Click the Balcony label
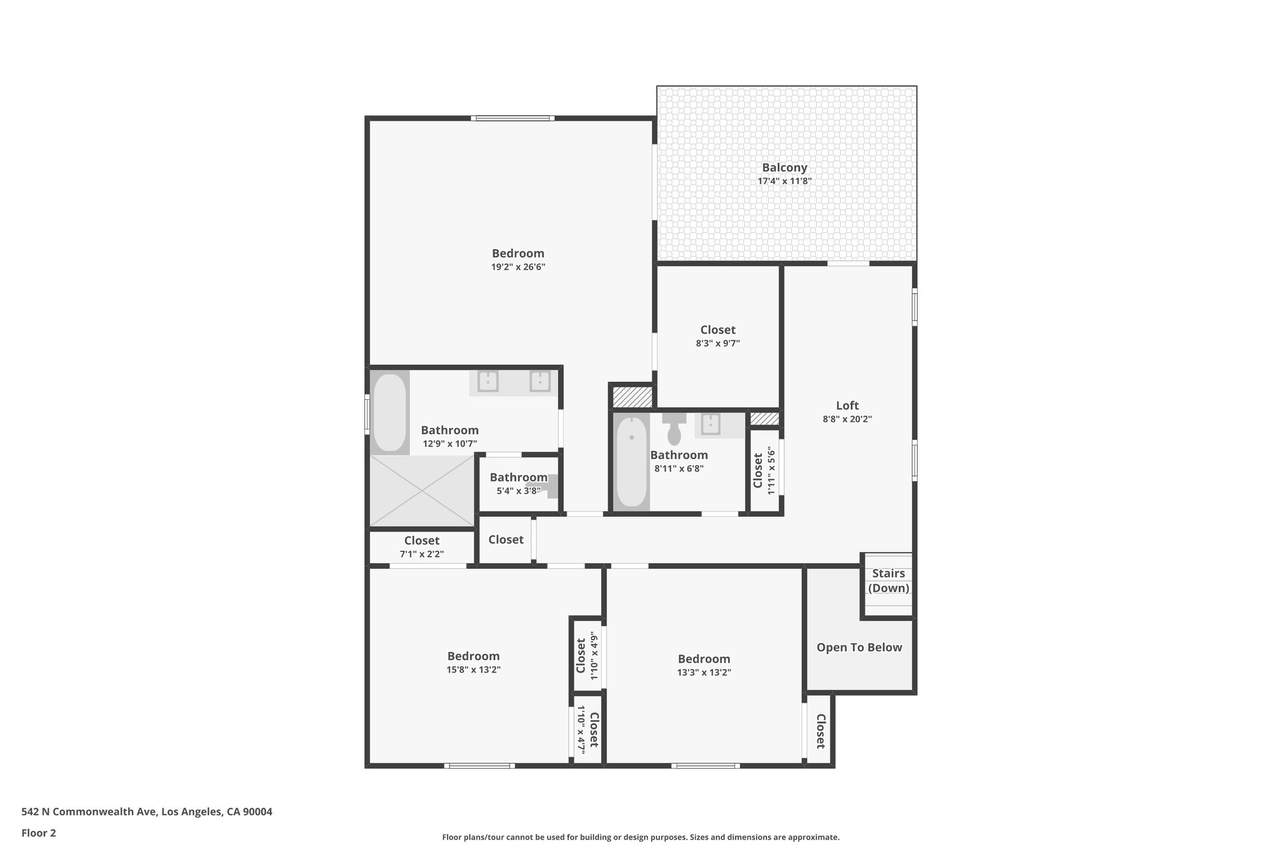click(784, 168)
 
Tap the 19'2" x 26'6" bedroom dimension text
click(518, 267)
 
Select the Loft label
click(847, 405)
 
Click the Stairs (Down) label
click(888, 581)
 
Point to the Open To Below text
click(859, 648)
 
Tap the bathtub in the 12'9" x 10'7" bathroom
click(389, 413)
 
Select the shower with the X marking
click(421, 491)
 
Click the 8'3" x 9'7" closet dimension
click(717, 343)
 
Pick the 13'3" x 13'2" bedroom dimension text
click(704, 673)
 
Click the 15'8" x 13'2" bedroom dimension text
click(473, 669)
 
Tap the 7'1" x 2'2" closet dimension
click(421, 554)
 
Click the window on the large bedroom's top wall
click(512, 118)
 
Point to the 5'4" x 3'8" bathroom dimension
click(518, 491)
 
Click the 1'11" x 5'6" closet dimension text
click(771, 470)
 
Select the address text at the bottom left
click(146, 812)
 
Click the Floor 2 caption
click(39, 833)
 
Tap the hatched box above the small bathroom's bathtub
click(632, 397)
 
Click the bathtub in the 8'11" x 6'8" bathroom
click(631, 462)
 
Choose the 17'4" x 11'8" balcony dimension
click(784, 181)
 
